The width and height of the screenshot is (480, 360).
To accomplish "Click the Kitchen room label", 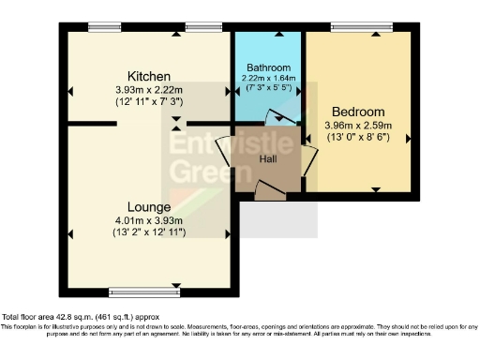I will pos(148,76).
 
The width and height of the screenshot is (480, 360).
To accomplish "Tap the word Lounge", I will pos(150,206).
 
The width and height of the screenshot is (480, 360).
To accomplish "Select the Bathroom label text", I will pos(269,68).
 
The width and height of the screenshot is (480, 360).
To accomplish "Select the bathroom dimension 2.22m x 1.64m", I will pos(269,79).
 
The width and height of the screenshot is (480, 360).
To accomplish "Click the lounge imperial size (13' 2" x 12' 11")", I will pos(150,232).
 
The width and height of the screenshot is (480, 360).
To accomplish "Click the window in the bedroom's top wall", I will pos(362,27).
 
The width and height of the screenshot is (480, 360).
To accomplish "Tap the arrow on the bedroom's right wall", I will pos(408,137).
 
